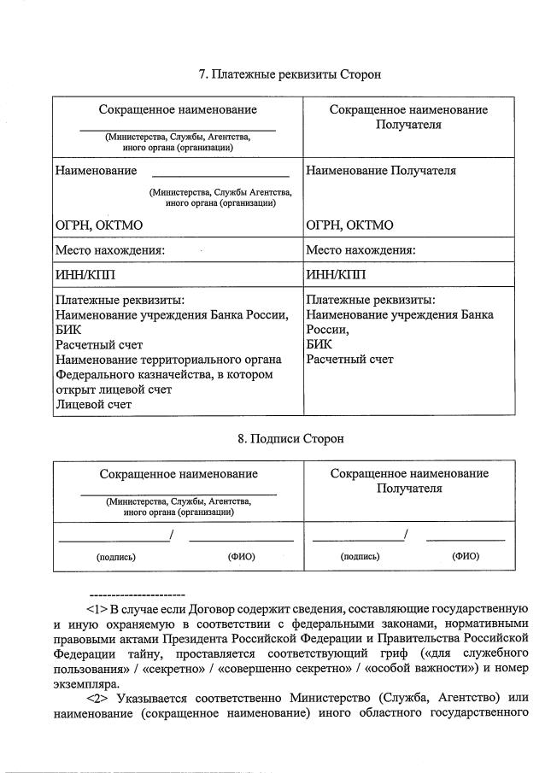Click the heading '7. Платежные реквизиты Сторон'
click(x=290, y=74)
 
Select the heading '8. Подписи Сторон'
click(x=290, y=438)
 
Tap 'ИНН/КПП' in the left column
click(x=85, y=274)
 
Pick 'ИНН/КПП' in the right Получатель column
click(x=335, y=274)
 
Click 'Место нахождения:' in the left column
click(x=109, y=250)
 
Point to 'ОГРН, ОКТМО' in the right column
click(x=349, y=225)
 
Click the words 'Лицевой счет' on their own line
click(x=93, y=405)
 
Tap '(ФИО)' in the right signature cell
click(x=465, y=557)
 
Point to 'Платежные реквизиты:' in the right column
click(x=370, y=301)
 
